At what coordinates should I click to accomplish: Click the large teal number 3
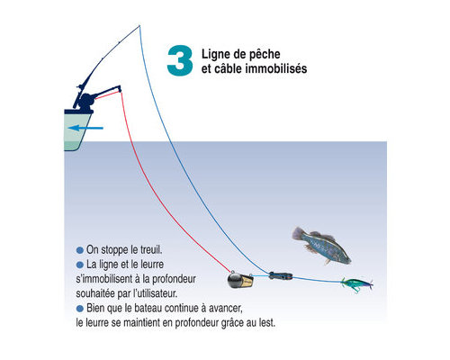(180, 60)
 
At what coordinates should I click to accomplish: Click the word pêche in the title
(265, 55)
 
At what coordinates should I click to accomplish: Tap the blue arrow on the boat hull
(85, 128)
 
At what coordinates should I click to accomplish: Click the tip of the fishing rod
(139, 26)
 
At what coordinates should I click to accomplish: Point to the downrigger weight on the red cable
(240, 280)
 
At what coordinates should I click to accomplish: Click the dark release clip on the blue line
(281, 275)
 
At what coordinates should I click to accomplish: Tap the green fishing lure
(357, 284)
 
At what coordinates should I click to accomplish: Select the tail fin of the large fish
(298, 234)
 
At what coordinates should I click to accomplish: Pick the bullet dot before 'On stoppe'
(80, 250)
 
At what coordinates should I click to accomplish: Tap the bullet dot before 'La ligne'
(80, 265)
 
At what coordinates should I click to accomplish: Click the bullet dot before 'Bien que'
(80, 309)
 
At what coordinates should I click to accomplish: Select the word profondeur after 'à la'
(174, 279)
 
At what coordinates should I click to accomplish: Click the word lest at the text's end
(267, 323)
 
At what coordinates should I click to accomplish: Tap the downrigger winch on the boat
(86, 101)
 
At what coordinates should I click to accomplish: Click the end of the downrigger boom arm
(120, 88)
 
